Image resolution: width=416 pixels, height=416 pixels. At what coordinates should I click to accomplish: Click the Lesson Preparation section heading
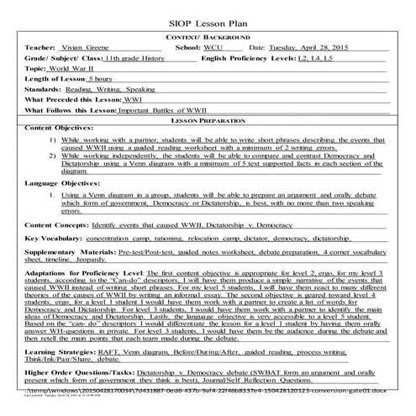click(208, 133)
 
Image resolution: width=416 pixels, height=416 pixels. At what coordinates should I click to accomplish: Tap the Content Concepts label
click(60, 250)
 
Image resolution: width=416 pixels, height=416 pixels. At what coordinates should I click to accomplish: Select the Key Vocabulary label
click(55, 263)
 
